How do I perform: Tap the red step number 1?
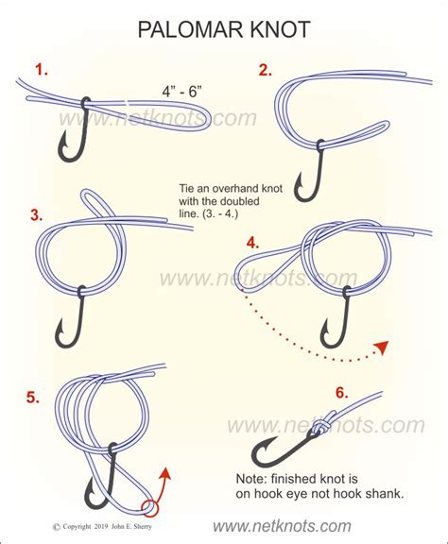40,69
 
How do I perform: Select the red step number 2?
266,69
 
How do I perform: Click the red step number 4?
252,242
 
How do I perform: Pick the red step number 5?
34,397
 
